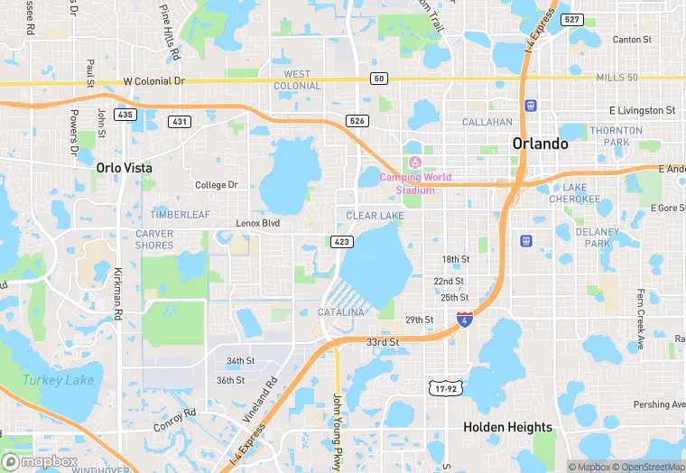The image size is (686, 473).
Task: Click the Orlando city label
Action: pos(540,144)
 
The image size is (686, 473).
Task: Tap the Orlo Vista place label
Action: pos(125,168)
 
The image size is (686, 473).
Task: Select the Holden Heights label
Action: pos(507,427)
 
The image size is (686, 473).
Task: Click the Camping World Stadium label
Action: pos(415,183)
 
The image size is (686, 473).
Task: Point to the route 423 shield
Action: pos(341,241)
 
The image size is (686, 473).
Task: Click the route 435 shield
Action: pos(125,115)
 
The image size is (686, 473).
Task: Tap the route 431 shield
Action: pos(180,121)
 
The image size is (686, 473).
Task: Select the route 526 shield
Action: pos(358,120)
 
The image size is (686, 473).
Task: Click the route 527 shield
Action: pos(570,19)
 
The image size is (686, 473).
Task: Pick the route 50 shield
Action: pos(379,79)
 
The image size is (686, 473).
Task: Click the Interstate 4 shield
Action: pos(464,320)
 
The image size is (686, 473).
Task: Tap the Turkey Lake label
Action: pos(58,380)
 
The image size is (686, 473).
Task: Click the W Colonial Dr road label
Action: pos(153,80)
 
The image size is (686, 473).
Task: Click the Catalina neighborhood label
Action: pos(341,312)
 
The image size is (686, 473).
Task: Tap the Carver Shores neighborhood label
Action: pos(154,239)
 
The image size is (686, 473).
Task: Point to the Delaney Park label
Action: pos(598,237)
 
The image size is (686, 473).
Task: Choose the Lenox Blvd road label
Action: pos(258,223)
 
